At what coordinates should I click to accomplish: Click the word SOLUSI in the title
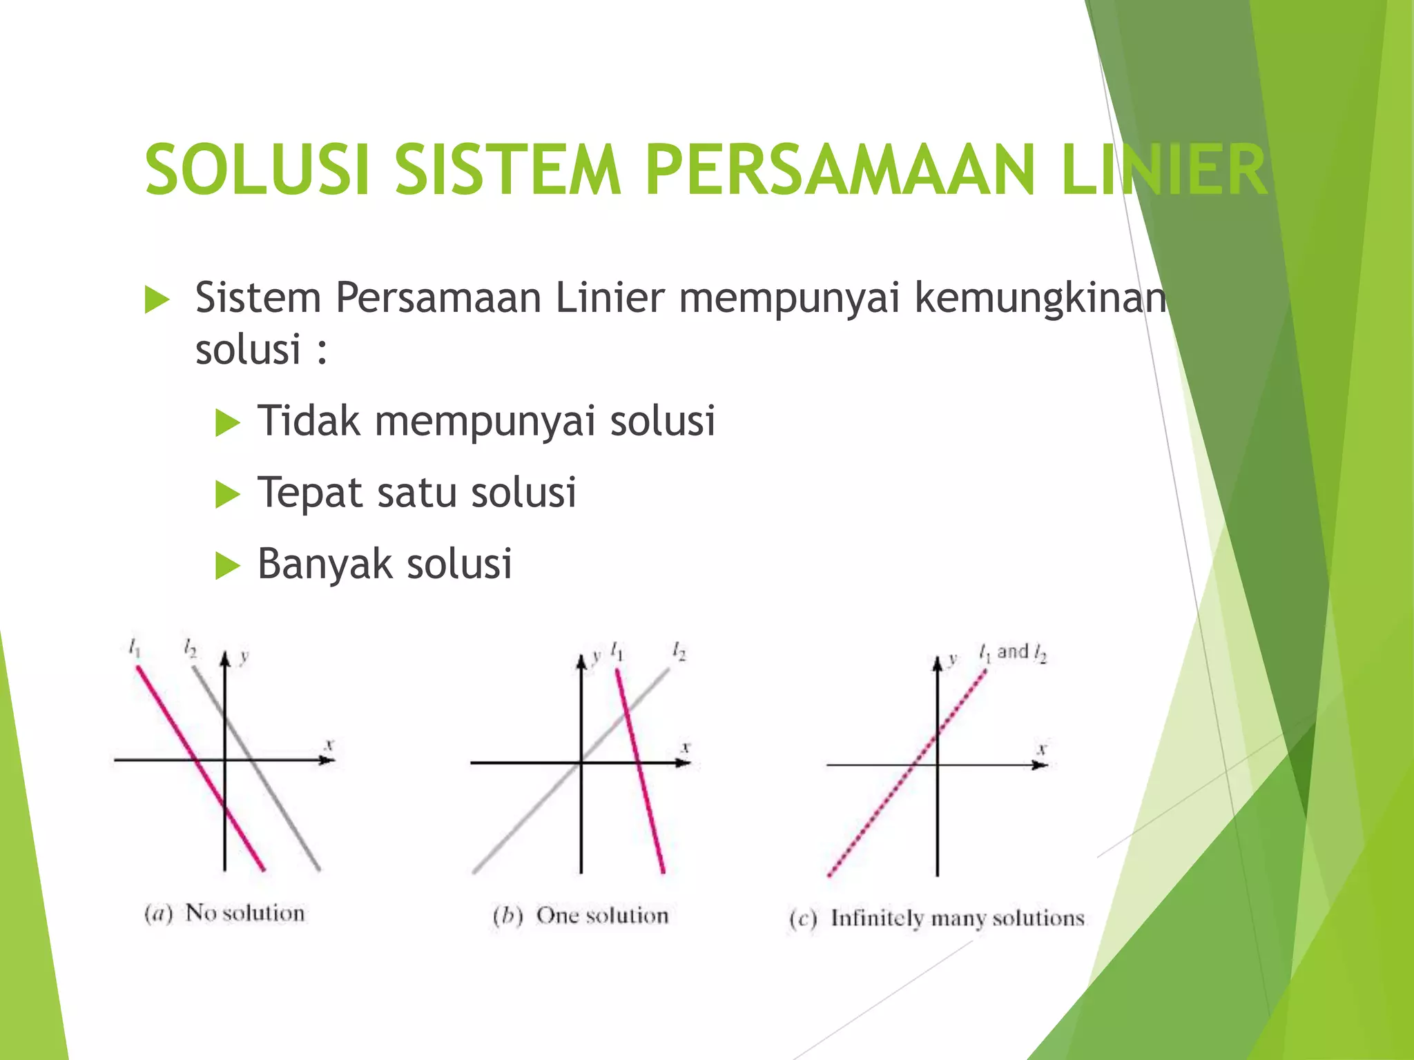pyautogui.click(x=257, y=170)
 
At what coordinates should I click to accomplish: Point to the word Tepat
pyautogui.click(x=309, y=493)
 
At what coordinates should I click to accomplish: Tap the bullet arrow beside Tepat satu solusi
pyautogui.click(x=227, y=494)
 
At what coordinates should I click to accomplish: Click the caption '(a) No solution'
pyautogui.click(x=224, y=913)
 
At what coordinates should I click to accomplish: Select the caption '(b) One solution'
pyautogui.click(x=581, y=916)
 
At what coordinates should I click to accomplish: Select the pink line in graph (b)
pyautogui.click(x=639, y=766)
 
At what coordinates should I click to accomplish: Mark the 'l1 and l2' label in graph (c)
pyautogui.click(x=1013, y=652)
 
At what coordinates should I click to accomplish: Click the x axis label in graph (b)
pyautogui.click(x=686, y=747)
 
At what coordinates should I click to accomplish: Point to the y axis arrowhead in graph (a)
pyautogui.click(x=224, y=660)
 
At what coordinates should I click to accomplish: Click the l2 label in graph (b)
pyautogui.click(x=679, y=651)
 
